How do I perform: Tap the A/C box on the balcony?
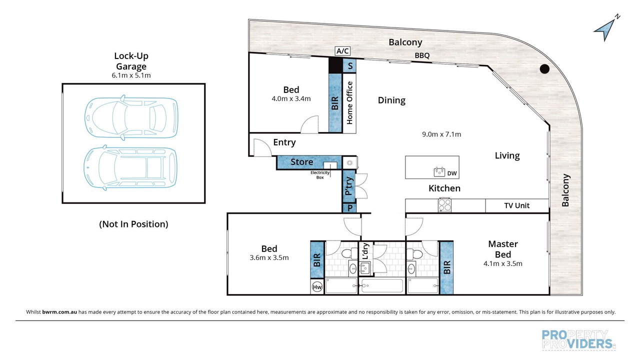click(x=342, y=51)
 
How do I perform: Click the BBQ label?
click(x=422, y=55)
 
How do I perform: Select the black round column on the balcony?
click(x=544, y=69)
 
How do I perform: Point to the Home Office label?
click(x=349, y=103)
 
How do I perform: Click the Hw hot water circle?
click(x=317, y=287)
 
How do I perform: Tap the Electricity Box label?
click(x=320, y=175)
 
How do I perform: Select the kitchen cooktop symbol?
click(x=445, y=205)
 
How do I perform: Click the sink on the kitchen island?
click(x=439, y=172)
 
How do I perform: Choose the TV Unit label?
click(x=517, y=205)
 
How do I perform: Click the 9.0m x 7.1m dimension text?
click(x=441, y=134)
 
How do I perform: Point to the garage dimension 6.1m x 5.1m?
click(x=131, y=75)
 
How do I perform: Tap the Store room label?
click(x=301, y=162)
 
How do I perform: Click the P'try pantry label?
click(x=349, y=186)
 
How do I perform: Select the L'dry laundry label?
click(x=365, y=251)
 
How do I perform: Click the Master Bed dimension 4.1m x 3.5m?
click(x=503, y=263)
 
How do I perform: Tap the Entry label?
click(x=284, y=142)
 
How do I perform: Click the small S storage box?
click(x=350, y=66)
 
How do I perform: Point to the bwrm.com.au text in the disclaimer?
click(x=59, y=312)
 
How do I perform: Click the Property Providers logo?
click(x=578, y=339)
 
